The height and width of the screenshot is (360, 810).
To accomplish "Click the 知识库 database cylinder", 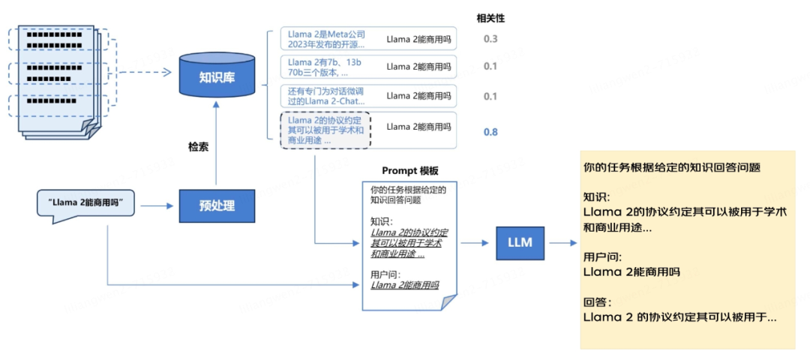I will click(x=217, y=76).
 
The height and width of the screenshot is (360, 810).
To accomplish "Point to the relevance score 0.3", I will click(x=490, y=39).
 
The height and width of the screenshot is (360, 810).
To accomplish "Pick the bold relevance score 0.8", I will click(x=490, y=132).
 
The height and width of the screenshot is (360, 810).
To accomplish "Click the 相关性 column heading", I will click(x=490, y=17).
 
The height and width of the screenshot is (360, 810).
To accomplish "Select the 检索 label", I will click(x=198, y=146).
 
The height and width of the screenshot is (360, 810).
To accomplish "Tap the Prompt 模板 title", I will click(x=409, y=171).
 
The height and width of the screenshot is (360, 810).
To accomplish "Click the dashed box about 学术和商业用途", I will click(x=325, y=130).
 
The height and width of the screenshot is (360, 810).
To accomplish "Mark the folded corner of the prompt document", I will click(x=448, y=301).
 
